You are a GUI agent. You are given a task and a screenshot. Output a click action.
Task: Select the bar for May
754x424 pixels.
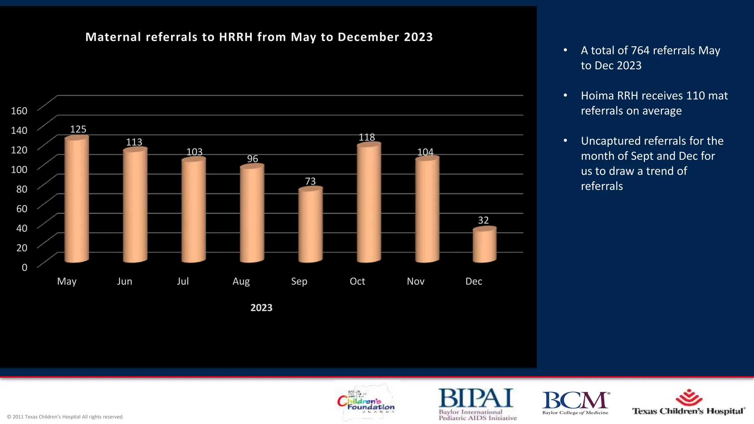[x=77, y=201]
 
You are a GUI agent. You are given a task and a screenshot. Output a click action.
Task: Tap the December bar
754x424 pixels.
[x=485, y=245]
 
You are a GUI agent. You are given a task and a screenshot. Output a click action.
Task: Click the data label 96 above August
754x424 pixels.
[x=253, y=159]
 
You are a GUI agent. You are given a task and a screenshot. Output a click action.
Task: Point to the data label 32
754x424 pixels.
[x=483, y=220]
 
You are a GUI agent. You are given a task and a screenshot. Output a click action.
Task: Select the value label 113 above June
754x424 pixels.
[x=134, y=142]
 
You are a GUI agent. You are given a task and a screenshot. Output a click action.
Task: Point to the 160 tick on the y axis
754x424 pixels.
[x=19, y=111]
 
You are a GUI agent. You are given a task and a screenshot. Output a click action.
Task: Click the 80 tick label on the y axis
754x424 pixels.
[x=22, y=189]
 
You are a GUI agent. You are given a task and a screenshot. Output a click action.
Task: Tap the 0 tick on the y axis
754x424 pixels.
[x=25, y=268]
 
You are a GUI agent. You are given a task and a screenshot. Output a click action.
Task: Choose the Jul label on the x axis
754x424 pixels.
[x=183, y=282]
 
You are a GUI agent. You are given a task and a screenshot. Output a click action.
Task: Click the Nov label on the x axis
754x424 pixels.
[x=416, y=282]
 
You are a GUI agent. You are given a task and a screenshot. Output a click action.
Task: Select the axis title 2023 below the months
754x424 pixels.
[x=261, y=308]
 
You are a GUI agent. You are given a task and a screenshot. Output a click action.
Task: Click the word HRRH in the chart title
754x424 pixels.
[x=236, y=37]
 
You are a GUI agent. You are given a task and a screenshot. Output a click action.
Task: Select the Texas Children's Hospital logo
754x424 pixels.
[x=689, y=403]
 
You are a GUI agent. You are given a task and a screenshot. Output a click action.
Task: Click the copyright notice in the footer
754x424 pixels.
[x=65, y=417]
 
